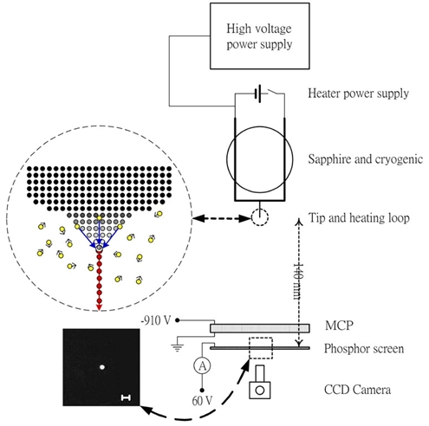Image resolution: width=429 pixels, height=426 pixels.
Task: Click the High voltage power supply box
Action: [259, 36]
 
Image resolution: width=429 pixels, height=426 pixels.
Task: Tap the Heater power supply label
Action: [358, 94]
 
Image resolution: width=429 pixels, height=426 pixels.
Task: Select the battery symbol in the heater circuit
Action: [257, 94]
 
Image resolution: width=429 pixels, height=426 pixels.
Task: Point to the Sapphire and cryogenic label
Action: [365, 159]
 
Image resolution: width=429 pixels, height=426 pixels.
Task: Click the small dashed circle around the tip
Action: [260, 217]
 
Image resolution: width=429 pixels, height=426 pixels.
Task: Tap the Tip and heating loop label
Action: [359, 217]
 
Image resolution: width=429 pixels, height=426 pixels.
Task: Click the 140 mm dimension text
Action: [298, 281]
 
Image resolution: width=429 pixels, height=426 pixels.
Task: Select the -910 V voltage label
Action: [156, 320]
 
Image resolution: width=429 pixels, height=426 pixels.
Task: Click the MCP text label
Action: [339, 326]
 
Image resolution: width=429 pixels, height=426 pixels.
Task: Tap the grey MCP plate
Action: [260, 328]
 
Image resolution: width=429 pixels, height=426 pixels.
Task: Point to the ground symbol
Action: [177, 347]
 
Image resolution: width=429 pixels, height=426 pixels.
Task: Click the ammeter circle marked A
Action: [202, 365]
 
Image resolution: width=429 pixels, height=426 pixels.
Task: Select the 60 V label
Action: [202, 401]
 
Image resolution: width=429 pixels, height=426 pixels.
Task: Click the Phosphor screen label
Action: [364, 349]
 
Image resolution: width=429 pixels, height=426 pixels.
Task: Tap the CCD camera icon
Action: [260, 382]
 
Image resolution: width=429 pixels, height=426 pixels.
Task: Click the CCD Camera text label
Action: [357, 390]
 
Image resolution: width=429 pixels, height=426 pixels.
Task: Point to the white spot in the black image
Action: [102, 367]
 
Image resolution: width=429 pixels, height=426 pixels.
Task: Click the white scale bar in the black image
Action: [126, 397]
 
